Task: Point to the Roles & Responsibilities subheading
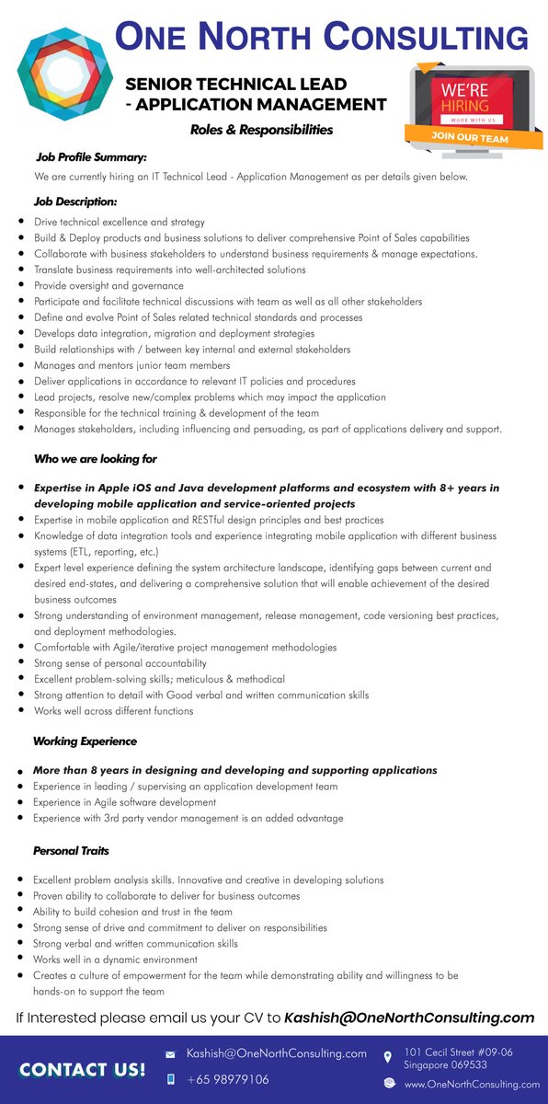[261, 130]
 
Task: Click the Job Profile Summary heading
[91, 157]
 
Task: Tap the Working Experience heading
[85, 741]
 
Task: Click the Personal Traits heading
[71, 851]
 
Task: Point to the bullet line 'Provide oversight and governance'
[108, 285]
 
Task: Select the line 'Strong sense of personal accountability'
[120, 663]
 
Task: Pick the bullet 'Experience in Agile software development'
[124, 802]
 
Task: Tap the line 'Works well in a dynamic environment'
[115, 960]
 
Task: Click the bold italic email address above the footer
[409, 1018]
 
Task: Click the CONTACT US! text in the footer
[82, 1069]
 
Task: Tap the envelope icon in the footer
[170, 1053]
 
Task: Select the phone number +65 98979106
[228, 1079]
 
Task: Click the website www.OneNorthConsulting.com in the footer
[472, 1085]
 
